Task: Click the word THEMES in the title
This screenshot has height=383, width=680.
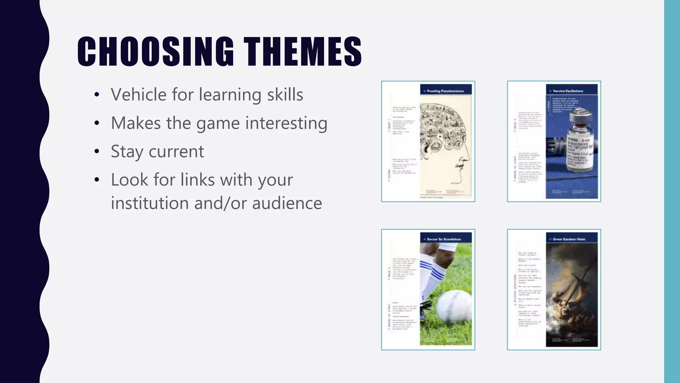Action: tap(302, 52)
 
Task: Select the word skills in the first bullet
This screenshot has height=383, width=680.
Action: tap(285, 95)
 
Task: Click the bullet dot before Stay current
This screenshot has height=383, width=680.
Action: tap(97, 152)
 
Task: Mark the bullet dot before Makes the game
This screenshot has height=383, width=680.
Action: tap(97, 123)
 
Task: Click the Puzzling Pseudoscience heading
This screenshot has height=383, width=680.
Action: tap(445, 91)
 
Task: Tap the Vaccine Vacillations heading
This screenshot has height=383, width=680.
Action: tap(568, 91)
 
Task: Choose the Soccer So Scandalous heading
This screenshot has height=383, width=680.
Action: tap(444, 239)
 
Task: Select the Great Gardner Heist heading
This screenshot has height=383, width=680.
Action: tap(569, 239)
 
